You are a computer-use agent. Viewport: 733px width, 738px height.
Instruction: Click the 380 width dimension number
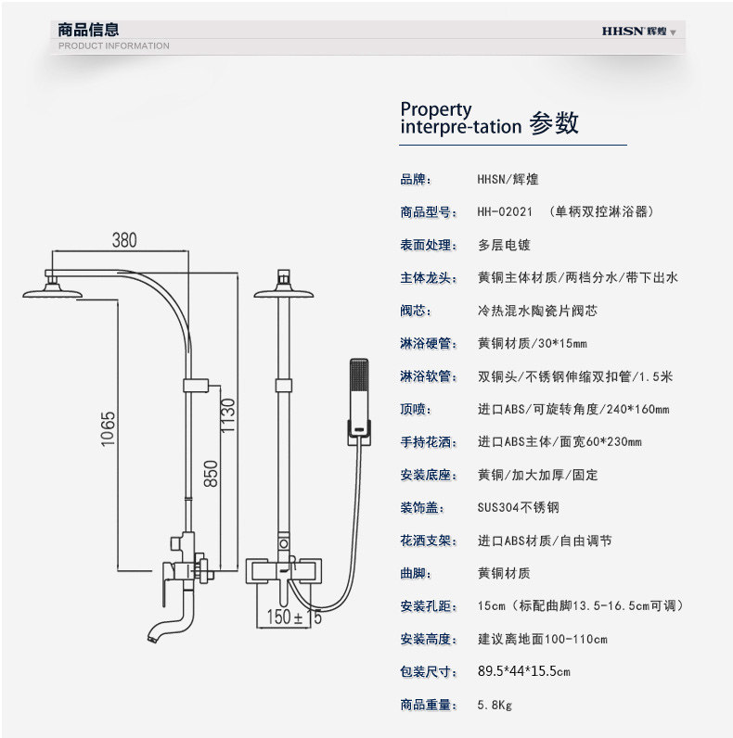pos(124,240)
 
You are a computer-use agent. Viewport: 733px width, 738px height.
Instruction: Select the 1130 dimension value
pos(228,417)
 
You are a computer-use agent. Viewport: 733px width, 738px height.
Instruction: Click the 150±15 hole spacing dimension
pos(294,617)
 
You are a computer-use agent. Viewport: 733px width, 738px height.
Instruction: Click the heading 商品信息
pos(88,30)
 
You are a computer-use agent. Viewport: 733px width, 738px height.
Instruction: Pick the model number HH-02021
pos(505,212)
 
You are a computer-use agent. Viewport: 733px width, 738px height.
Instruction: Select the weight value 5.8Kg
pos(495,706)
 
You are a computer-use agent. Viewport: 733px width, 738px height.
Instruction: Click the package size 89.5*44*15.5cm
pos(523,672)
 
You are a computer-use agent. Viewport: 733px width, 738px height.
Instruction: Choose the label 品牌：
pos(418,180)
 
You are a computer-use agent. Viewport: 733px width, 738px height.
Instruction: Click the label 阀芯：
pos(418,311)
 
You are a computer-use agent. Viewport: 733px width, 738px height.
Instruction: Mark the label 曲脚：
pos(418,574)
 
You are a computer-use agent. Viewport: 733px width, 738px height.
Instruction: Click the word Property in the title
pos(436,109)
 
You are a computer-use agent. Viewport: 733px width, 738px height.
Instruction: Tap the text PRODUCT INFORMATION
pos(114,45)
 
